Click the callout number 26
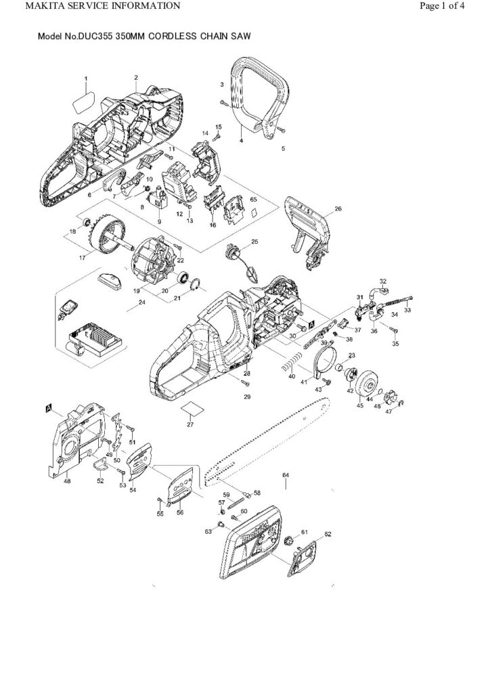(338, 209)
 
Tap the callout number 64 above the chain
(286, 476)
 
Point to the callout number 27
(190, 424)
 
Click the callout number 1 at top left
(86, 79)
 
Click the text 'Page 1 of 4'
(441, 7)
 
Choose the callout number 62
(328, 535)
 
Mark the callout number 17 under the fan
(84, 257)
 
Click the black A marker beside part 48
(49, 407)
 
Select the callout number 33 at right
(407, 311)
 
